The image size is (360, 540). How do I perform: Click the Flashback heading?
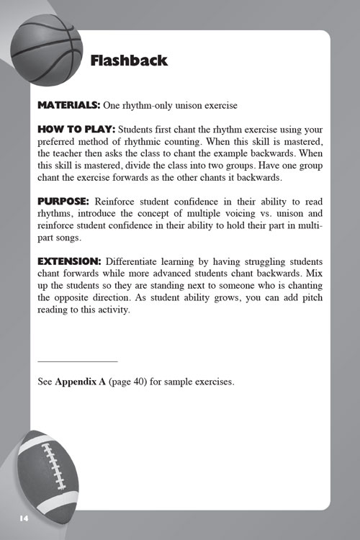pyautogui.click(x=129, y=60)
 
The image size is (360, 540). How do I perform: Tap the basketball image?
pyautogui.click(x=48, y=48)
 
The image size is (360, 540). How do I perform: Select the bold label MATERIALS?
pyautogui.click(x=69, y=105)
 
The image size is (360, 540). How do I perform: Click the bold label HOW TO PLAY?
pyautogui.click(x=76, y=128)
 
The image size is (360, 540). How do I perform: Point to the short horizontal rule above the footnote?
pyautogui.click(x=77, y=361)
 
